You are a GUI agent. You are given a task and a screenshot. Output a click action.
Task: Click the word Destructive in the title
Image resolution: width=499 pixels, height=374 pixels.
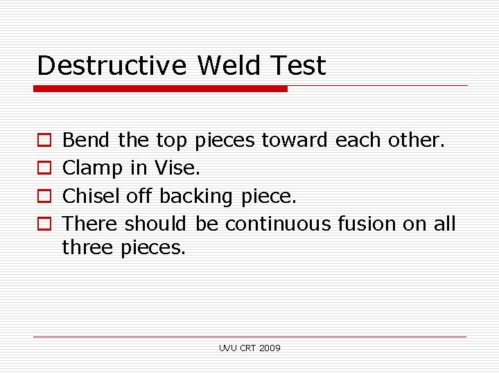point(112,66)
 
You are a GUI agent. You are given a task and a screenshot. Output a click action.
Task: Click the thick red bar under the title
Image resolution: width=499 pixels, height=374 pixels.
point(160,89)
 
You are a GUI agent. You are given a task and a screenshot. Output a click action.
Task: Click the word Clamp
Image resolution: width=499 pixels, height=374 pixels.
point(92,168)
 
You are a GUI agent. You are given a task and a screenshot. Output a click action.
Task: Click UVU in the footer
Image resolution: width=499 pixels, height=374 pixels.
point(228,348)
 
